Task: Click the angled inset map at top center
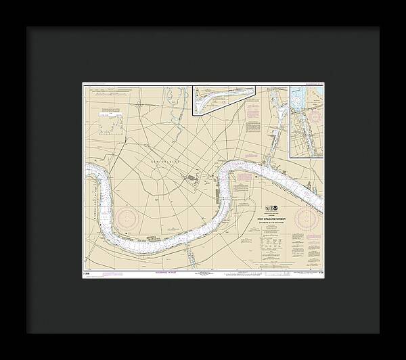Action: [x=224, y=100]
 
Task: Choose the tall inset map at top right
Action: [x=307, y=120]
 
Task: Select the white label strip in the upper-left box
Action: [x=109, y=115]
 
